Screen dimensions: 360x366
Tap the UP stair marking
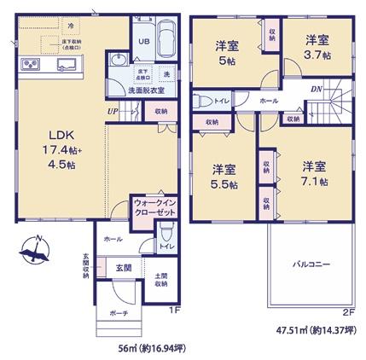(112, 110)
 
